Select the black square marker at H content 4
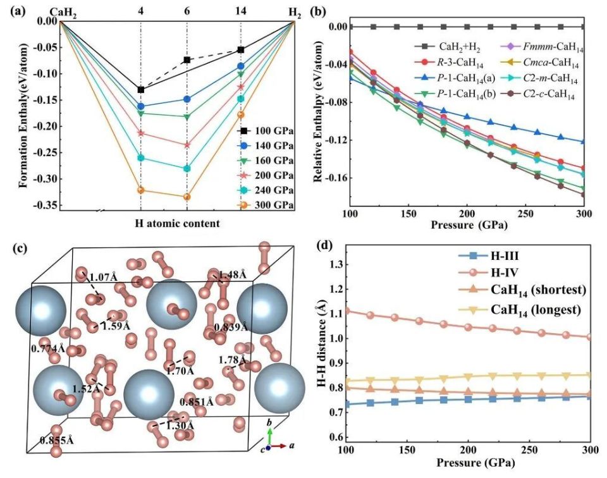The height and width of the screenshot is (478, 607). tap(140, 90)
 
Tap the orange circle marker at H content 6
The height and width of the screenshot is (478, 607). tap(187, 197)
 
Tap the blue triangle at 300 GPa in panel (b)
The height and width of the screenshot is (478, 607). tap(583, 142)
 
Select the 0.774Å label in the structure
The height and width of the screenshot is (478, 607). tap(48, 348)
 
